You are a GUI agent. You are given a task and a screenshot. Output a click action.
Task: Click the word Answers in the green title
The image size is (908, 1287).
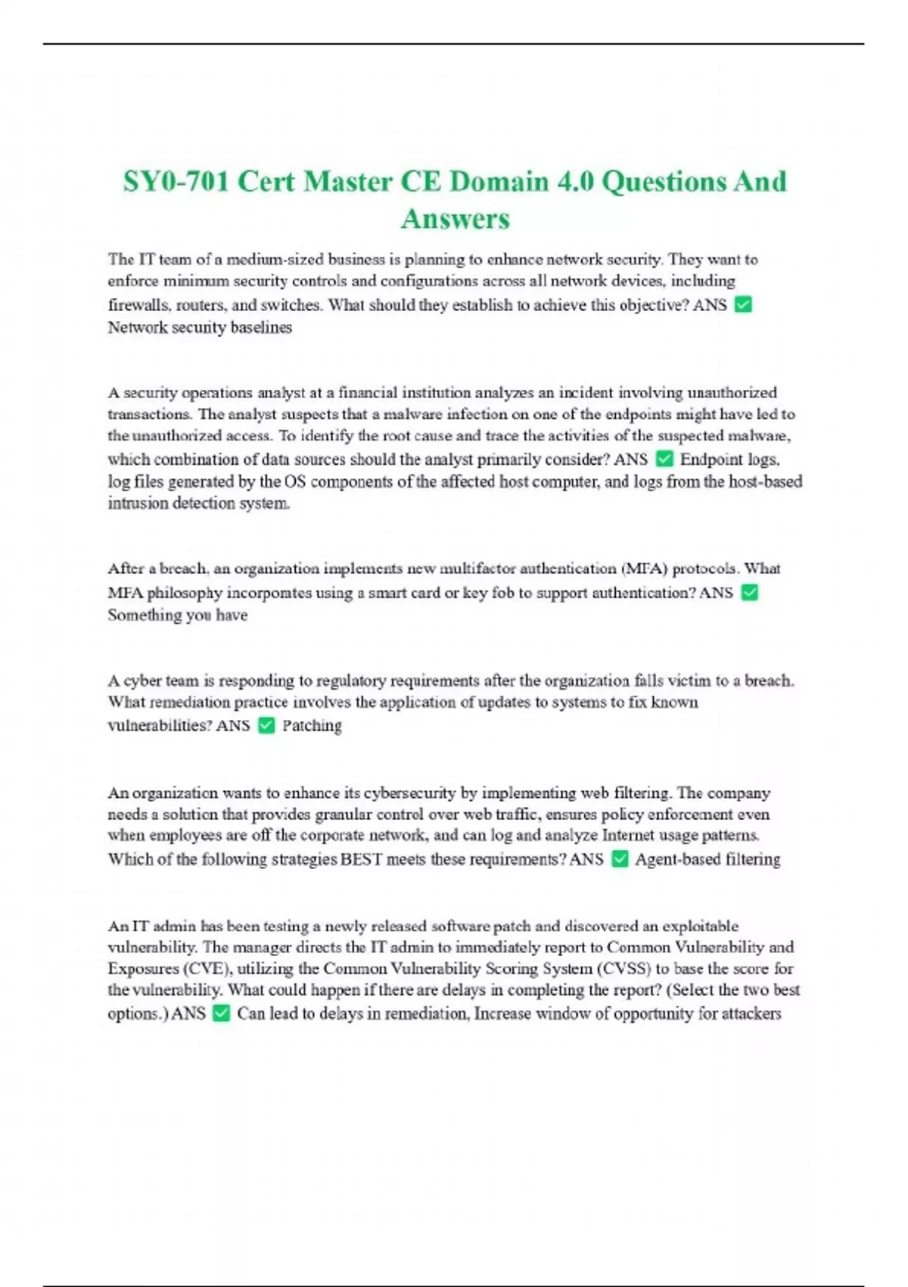click(456, 219)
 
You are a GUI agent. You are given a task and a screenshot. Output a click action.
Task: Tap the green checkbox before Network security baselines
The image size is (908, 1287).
click(743, 305)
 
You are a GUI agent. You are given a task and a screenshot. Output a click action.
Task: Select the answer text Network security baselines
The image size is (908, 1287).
click(200, 328)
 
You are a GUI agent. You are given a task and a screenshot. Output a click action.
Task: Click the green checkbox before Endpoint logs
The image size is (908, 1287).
click(664, 460)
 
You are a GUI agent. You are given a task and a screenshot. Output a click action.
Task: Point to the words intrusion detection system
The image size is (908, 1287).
click(198, 503)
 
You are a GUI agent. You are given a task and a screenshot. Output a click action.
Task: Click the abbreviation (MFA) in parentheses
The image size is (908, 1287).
click(644, 569)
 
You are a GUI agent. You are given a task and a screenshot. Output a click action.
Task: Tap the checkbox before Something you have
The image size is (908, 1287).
click(749, 593)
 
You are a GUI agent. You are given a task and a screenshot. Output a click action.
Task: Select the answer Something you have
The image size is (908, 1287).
click(178, 615)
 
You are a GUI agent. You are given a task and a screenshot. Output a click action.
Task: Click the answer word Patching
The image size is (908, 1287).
click(312, 726)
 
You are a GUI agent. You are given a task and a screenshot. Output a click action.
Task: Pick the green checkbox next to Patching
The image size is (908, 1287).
click(266, 726)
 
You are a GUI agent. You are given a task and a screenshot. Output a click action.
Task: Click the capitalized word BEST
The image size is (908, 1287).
click(362, 859)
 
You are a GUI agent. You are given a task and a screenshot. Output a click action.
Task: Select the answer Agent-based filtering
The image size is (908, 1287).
click(707, 859)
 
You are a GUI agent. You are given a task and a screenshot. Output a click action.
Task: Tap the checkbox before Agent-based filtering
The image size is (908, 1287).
click(620, 859)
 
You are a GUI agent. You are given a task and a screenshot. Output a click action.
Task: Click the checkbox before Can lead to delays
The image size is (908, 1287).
click(221, 1014)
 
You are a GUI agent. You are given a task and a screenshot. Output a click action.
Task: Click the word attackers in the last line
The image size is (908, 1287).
click(751, 1014)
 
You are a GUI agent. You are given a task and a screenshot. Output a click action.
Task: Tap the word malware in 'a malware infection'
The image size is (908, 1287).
click(412, 414)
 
